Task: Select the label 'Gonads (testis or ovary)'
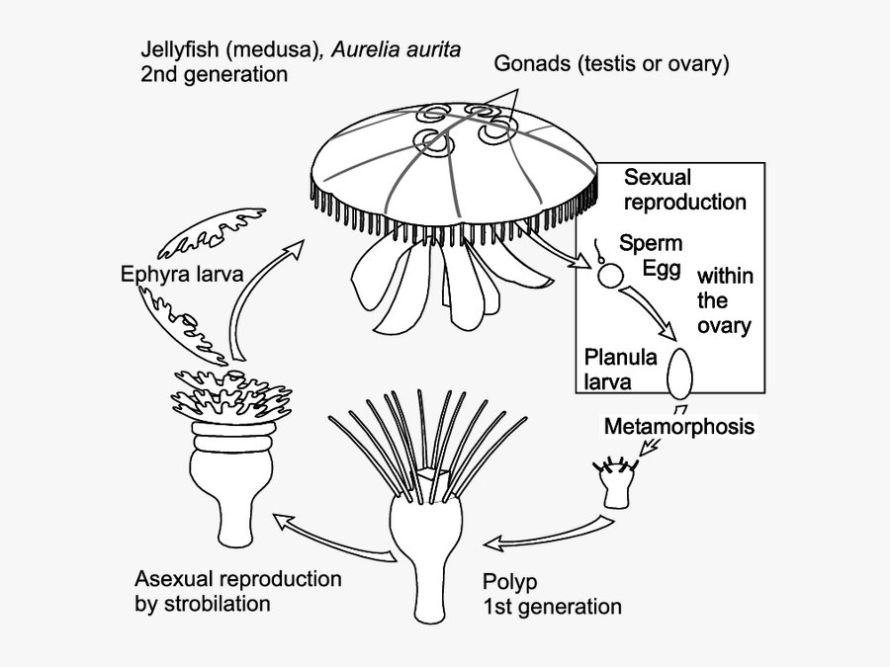(x=611, y=65)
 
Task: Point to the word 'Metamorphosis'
(x=678, y=427)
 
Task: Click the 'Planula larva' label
(x=620, y=369)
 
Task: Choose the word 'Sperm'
(x=651, y=243)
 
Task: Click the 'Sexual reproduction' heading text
(x=684, y=190)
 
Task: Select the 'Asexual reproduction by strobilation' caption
(x=237, y=590)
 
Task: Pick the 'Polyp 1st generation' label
(x=552, y=593)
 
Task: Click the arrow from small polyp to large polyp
(x=544, y=535)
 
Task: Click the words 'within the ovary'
(x=724, y=300)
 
